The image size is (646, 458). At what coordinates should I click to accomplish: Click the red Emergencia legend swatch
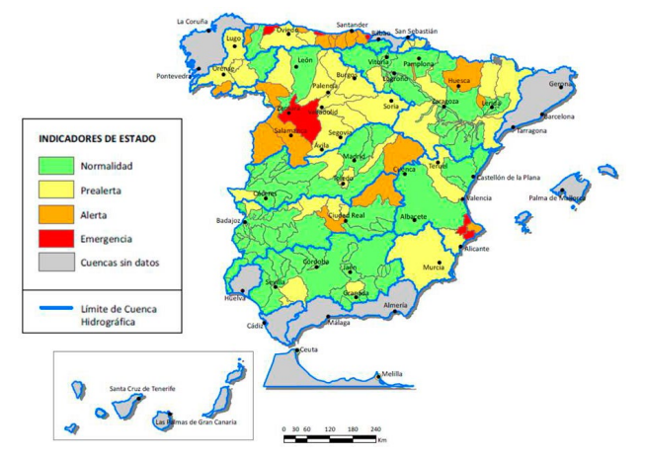[54, 238]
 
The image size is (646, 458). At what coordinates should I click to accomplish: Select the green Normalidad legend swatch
[54, 166]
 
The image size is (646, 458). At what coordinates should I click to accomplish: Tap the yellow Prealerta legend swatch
[54, 190]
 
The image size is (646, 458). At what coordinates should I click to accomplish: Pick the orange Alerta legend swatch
[54, 214]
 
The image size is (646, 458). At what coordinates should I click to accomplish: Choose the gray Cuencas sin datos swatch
[54, 263]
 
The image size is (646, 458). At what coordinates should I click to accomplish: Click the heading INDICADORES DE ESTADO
[97, 139]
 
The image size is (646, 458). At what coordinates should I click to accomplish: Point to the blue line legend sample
[54, 310]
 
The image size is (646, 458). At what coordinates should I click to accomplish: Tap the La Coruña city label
[194, 21]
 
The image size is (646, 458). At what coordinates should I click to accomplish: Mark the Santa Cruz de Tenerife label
[142, 389]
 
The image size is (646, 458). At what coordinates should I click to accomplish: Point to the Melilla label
[392, 374]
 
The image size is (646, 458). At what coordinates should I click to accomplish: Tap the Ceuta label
[309, 350]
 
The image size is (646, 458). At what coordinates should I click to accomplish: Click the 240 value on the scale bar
[376, 429]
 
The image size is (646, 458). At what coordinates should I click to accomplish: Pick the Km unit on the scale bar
[381, 440]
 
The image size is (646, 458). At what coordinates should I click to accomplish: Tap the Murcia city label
[433, 267]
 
